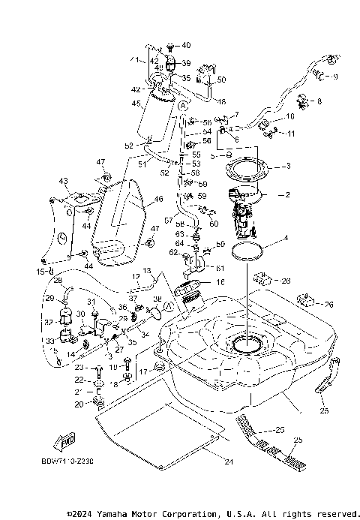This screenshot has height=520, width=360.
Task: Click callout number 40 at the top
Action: point(186,46)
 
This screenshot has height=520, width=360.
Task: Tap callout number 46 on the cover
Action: point(158,200)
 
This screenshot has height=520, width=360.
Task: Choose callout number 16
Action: point(220,282)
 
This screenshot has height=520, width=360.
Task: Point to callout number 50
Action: point(221,80)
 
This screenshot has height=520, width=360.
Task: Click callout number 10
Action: point(290,117)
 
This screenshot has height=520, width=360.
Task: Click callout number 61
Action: point(220,267)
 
